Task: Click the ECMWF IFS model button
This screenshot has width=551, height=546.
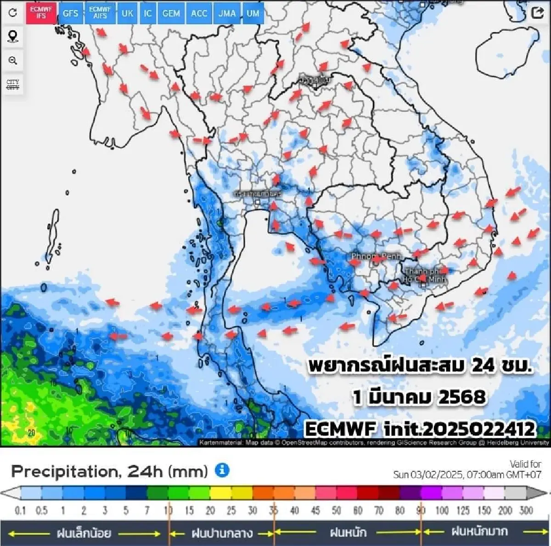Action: point(41,13)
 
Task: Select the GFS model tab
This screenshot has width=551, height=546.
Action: point(70,13)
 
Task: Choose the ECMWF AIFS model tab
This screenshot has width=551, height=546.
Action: point(100,13)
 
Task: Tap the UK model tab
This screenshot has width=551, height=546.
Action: point(127,13)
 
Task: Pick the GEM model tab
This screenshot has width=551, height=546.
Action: point(171,13)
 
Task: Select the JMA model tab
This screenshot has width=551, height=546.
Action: point(227,13)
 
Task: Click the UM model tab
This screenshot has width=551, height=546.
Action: point(253,13)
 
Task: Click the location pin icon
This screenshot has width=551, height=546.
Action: point(13,36)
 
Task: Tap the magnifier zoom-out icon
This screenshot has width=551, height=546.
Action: point(13,61)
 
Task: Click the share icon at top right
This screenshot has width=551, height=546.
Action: point(537,13)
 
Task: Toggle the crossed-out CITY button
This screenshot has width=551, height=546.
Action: point(13,84)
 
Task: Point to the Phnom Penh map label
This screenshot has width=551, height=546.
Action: point(376,256)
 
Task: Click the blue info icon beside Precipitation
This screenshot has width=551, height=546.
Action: point(222,470)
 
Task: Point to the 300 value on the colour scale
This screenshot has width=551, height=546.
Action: point(526,510)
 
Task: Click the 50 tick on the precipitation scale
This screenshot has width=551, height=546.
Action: point(337,510)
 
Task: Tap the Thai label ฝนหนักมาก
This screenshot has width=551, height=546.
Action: point(479,532)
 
